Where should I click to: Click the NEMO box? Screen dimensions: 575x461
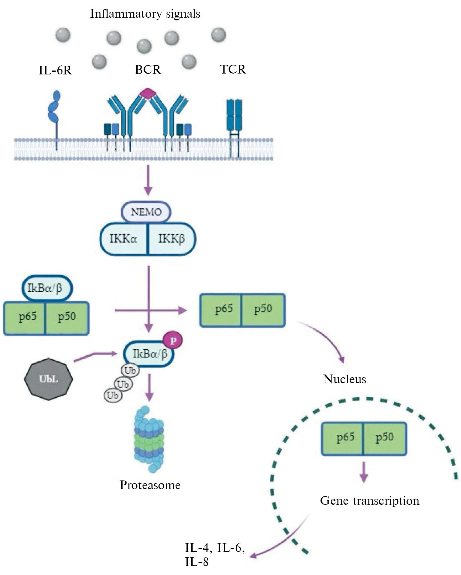pyautogui.click(x=146, y=212)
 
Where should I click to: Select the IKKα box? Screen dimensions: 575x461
pyautogui.click(x=124, y=239)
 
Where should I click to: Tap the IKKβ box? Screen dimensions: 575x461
pyautogui.click(x=171, y=239)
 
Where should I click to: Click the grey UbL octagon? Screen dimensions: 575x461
pyautogui.click(x=48, y=379)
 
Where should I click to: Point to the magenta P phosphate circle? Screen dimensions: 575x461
pyautogui.click(x=173, y=341)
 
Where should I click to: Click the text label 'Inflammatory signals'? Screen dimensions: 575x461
pyautogui.click(x=145, y=14)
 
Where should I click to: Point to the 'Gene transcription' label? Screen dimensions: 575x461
pyautogui.click(x=369, y=501)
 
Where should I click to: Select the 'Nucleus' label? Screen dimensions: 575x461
pyautogui.click(x=344, y=379)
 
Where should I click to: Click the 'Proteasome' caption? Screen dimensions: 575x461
pyautogui.click(x=150, y=485)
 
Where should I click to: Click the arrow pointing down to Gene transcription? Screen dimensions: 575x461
pyautogui.click(x=364, y=472)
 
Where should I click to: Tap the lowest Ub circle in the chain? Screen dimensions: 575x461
pyautogui.click(x=113, y=395)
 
